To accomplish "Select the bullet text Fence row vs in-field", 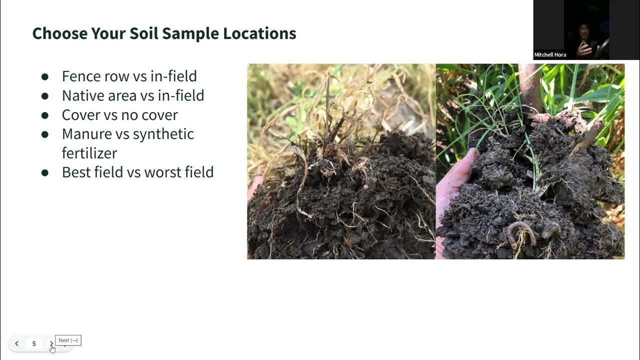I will (x=129, y=76).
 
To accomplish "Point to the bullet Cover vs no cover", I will (x=119, y=115).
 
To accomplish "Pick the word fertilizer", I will (x=89, y=153).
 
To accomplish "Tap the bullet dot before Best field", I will (x=45, y=172).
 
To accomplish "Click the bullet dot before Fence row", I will (x=45, y=76).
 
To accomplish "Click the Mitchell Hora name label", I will (x=550, y=55).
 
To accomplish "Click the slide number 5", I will (x=34, y=343).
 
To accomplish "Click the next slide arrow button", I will (x=51, y=343).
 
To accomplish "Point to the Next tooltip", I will (x=68, y=340).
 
